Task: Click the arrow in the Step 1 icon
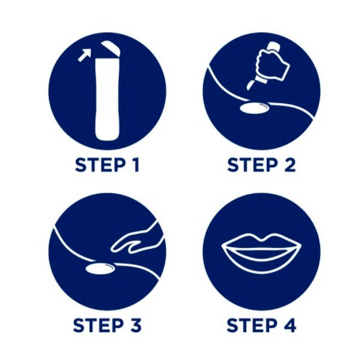tap(84, 55)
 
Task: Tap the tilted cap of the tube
tap(111, 48)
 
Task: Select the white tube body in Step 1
tap(107, 99)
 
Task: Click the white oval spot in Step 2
tap(254, 108)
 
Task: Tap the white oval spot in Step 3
tap(100, 269)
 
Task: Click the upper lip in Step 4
tap(262, 242)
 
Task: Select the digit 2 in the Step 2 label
tap(290, 165)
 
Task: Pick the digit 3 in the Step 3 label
tap(135, 325)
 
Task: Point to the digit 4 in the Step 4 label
tap(289, 325)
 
